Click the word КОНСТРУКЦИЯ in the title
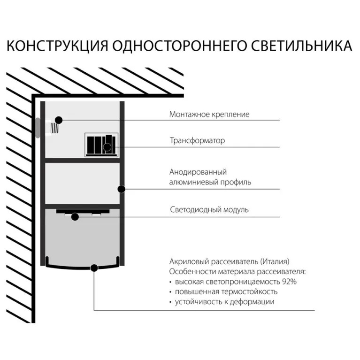click(x=57, y=46)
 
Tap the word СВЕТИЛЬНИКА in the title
click(x=301, y=46)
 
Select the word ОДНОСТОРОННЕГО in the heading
click(x=179, y=46)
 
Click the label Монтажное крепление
click(x=209, y=114)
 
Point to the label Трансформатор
click(x=197, y=140)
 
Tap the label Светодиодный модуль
click(x=209, y=209)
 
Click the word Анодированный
click(x=198, y=172)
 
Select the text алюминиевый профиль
click(x=210, y=182)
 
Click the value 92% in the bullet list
click(x=289, y=282)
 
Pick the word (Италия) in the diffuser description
click(x=275, y=261)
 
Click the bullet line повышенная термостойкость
click(x=226, y=291)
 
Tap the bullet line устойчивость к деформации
click(x=224, y=302)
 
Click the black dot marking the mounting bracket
click(x=59, y=120)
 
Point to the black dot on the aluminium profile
click(x=122, y=189)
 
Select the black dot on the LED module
click(x=75, y=217)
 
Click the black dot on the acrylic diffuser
click(x=94, y=268)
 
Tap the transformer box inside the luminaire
click(x=101, y=145)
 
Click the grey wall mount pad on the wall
click(x=38, y=128)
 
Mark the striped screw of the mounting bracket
click(x=54, y=128)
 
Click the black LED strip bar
click(x=83, y=211)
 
